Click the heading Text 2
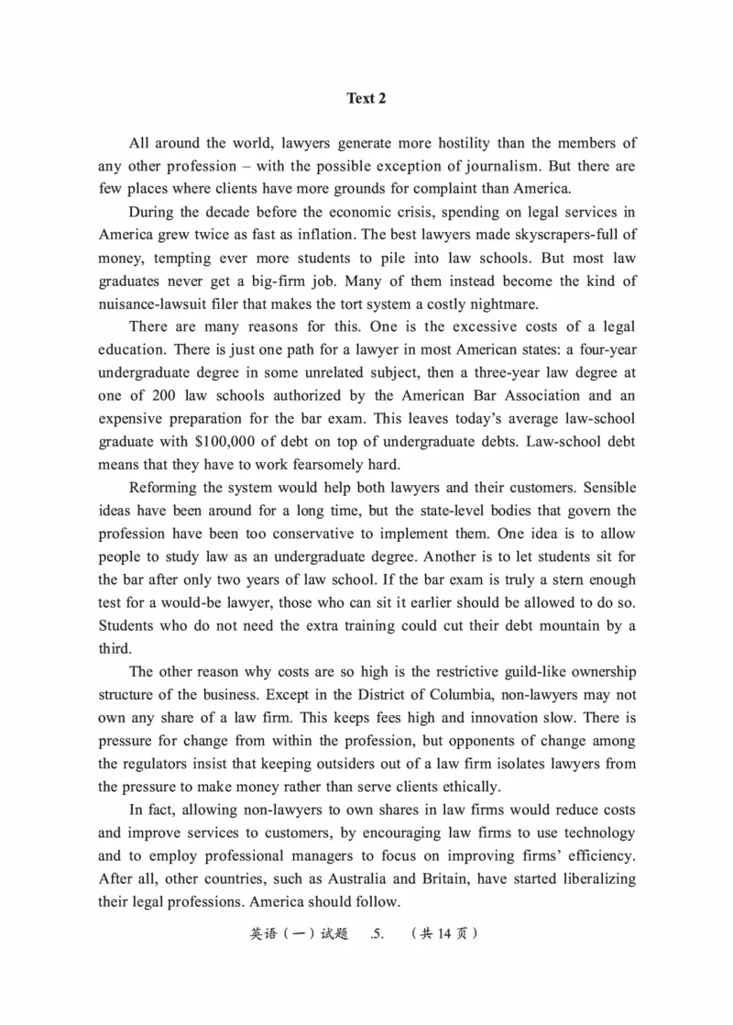coord(366,98)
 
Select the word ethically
coord(467,786)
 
